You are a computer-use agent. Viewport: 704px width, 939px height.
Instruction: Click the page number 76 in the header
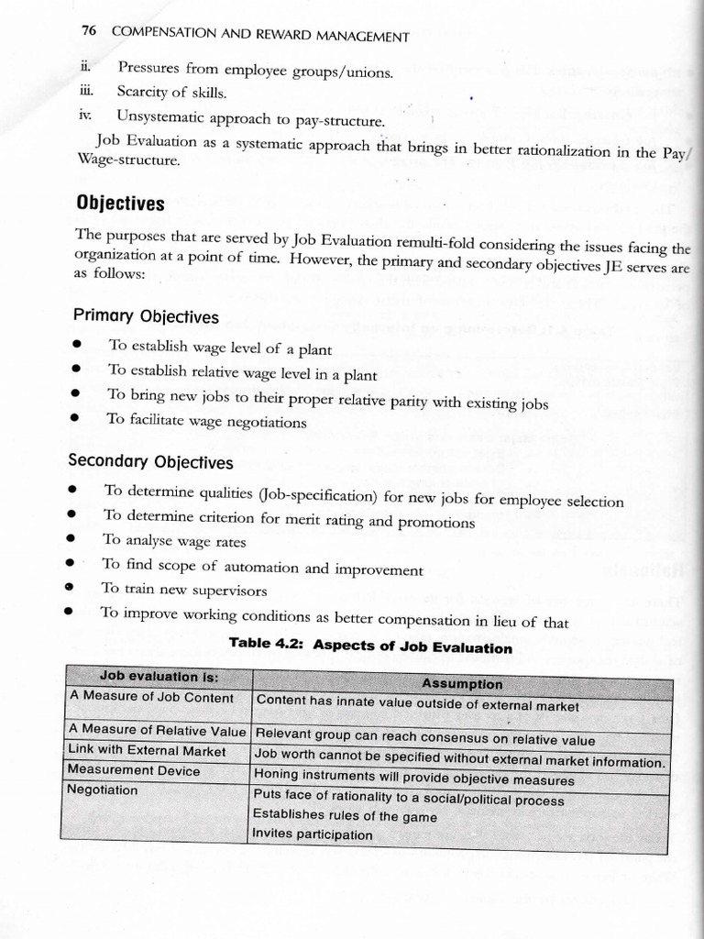88,31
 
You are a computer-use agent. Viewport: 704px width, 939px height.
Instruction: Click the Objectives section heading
119,204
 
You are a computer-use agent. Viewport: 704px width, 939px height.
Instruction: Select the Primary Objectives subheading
146,316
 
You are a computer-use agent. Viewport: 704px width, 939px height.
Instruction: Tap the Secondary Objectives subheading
151,462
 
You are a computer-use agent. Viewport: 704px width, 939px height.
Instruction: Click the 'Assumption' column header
462,684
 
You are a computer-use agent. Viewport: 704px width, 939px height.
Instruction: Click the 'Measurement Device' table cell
134,770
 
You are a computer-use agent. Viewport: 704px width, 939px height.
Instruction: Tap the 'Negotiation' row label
104,790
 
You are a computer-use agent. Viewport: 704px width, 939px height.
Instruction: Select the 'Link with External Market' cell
148,751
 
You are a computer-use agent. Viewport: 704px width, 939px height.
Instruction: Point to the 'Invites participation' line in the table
313,834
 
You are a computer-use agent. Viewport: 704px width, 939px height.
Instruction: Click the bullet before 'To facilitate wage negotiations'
79,420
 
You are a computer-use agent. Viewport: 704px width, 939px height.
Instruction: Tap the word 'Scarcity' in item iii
143,92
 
